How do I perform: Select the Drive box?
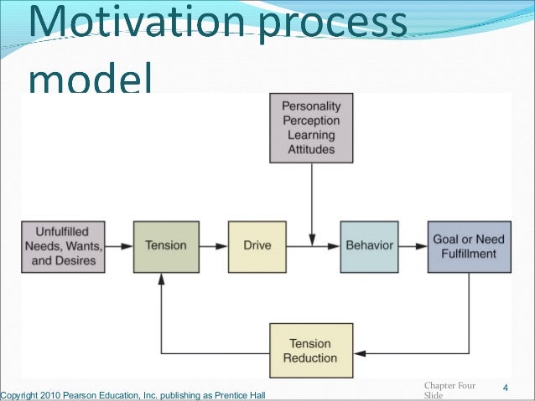(256, 246)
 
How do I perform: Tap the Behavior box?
(369, 246)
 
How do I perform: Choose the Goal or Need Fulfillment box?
(469, 246)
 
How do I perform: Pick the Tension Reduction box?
(309, 350)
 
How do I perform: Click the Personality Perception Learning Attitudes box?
(311, 128)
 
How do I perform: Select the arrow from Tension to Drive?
(213, 246)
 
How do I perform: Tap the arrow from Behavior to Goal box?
(413, 246)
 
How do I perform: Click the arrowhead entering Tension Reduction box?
(356, 349)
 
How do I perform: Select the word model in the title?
(90, 80)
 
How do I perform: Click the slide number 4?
(506, 388)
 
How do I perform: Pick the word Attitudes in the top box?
(311, 151)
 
